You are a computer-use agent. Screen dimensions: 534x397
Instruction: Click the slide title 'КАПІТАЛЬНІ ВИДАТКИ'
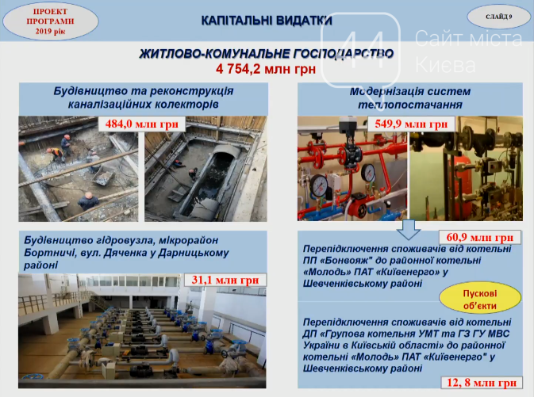coord(267,21)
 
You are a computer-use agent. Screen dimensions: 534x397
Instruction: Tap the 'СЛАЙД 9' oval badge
coord(498,17)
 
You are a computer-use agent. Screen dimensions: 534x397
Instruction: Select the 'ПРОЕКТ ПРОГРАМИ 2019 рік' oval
coord(51,21)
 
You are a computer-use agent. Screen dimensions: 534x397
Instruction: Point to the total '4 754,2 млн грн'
coord(266,69)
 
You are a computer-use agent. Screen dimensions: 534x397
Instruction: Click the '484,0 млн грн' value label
coord(142,124)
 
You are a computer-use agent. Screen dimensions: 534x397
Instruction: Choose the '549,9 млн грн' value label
coord(411,124)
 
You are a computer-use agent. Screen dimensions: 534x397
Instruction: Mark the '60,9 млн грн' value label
coord(479,237)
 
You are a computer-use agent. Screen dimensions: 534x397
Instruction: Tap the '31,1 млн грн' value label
coord(225,280)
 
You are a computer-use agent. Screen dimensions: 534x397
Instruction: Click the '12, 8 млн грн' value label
coord(482,383)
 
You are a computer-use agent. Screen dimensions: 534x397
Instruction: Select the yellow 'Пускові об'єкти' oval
coord(480,300)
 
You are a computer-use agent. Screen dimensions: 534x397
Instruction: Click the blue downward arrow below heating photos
coord(409,230)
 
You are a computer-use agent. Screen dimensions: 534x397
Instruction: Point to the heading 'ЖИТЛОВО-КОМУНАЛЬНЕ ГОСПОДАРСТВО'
coord(267,54)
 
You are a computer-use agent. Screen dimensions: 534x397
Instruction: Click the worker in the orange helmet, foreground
coord(88,200)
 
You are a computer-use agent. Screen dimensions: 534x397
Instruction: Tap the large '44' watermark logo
coord(360,51)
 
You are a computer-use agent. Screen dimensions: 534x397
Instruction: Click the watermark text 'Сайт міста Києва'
coord(468,51)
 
